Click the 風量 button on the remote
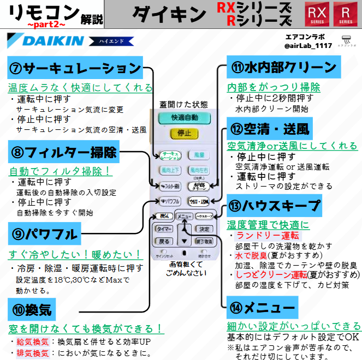pos(199,155)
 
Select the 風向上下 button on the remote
pos(169,171)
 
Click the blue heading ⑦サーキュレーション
pos(75,69)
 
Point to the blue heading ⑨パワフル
pos(44,235)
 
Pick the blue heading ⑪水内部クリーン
pos(283,67)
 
